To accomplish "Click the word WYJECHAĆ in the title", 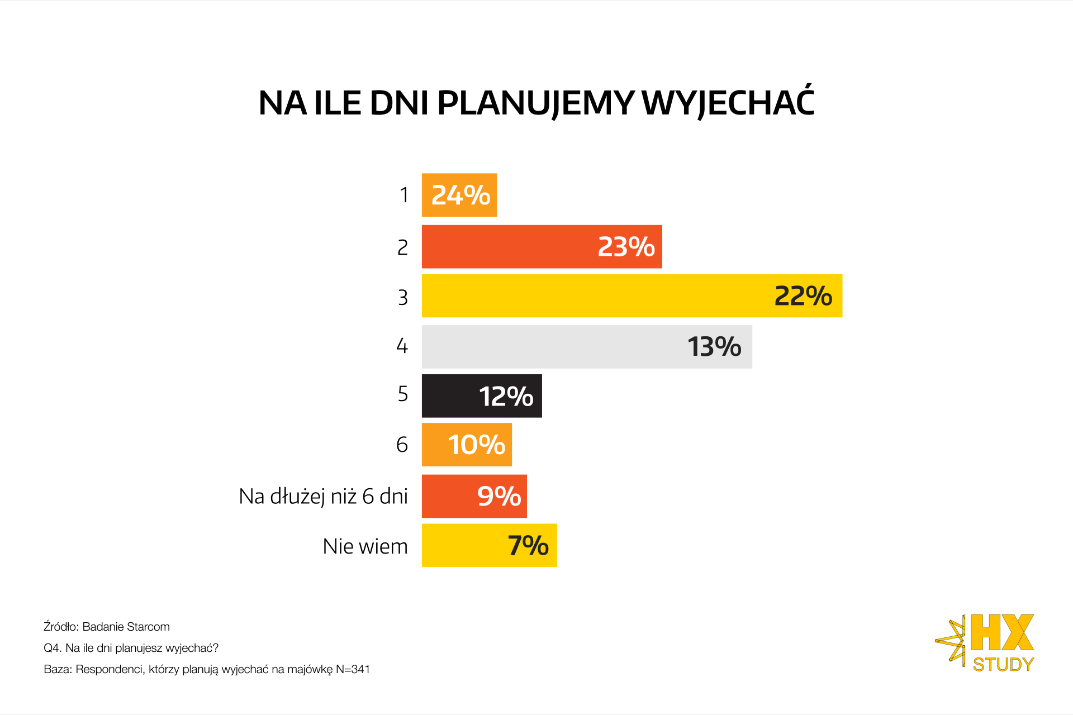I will tap(728, 103).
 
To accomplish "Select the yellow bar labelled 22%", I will tap(632, 296).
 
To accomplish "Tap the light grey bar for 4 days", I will tap(587, 347).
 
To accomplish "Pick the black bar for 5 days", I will tap(482, 396).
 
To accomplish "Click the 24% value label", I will tap(460, 196).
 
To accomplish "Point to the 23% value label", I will tap(626, 247).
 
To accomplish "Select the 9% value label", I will tap(499, 496).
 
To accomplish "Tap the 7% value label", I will tap(528, 546).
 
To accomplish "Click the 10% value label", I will tap(476, 445).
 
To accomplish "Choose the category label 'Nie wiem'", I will tap(365, 546).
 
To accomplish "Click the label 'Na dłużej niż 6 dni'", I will tap(323, 496).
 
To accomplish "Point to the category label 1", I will tap(404, 196).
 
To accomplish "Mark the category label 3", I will tap(403, 297).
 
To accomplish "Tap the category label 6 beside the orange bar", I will tap(402, 445).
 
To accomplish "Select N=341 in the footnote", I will tap(353, 669).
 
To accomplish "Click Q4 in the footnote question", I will tap(52, 648).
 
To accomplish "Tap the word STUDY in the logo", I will tap(1003, 665).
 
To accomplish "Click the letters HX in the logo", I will tap(1002, 633).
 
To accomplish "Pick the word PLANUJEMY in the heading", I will tap(535, 103).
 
